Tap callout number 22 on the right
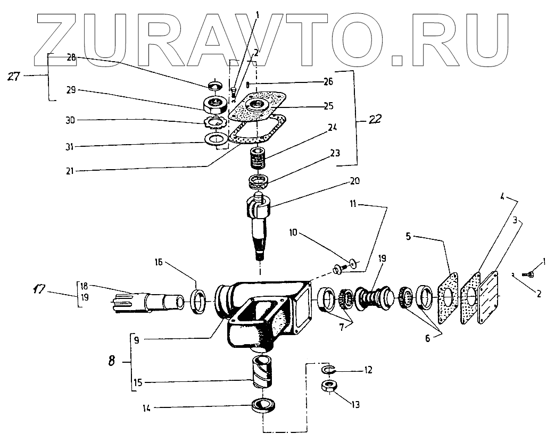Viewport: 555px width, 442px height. (x=375, y=121)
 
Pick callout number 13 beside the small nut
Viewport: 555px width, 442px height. (x=355, y=404)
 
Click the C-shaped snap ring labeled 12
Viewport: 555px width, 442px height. (x=327, y=369)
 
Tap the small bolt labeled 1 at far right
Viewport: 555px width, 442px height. (x=529, y=274)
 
